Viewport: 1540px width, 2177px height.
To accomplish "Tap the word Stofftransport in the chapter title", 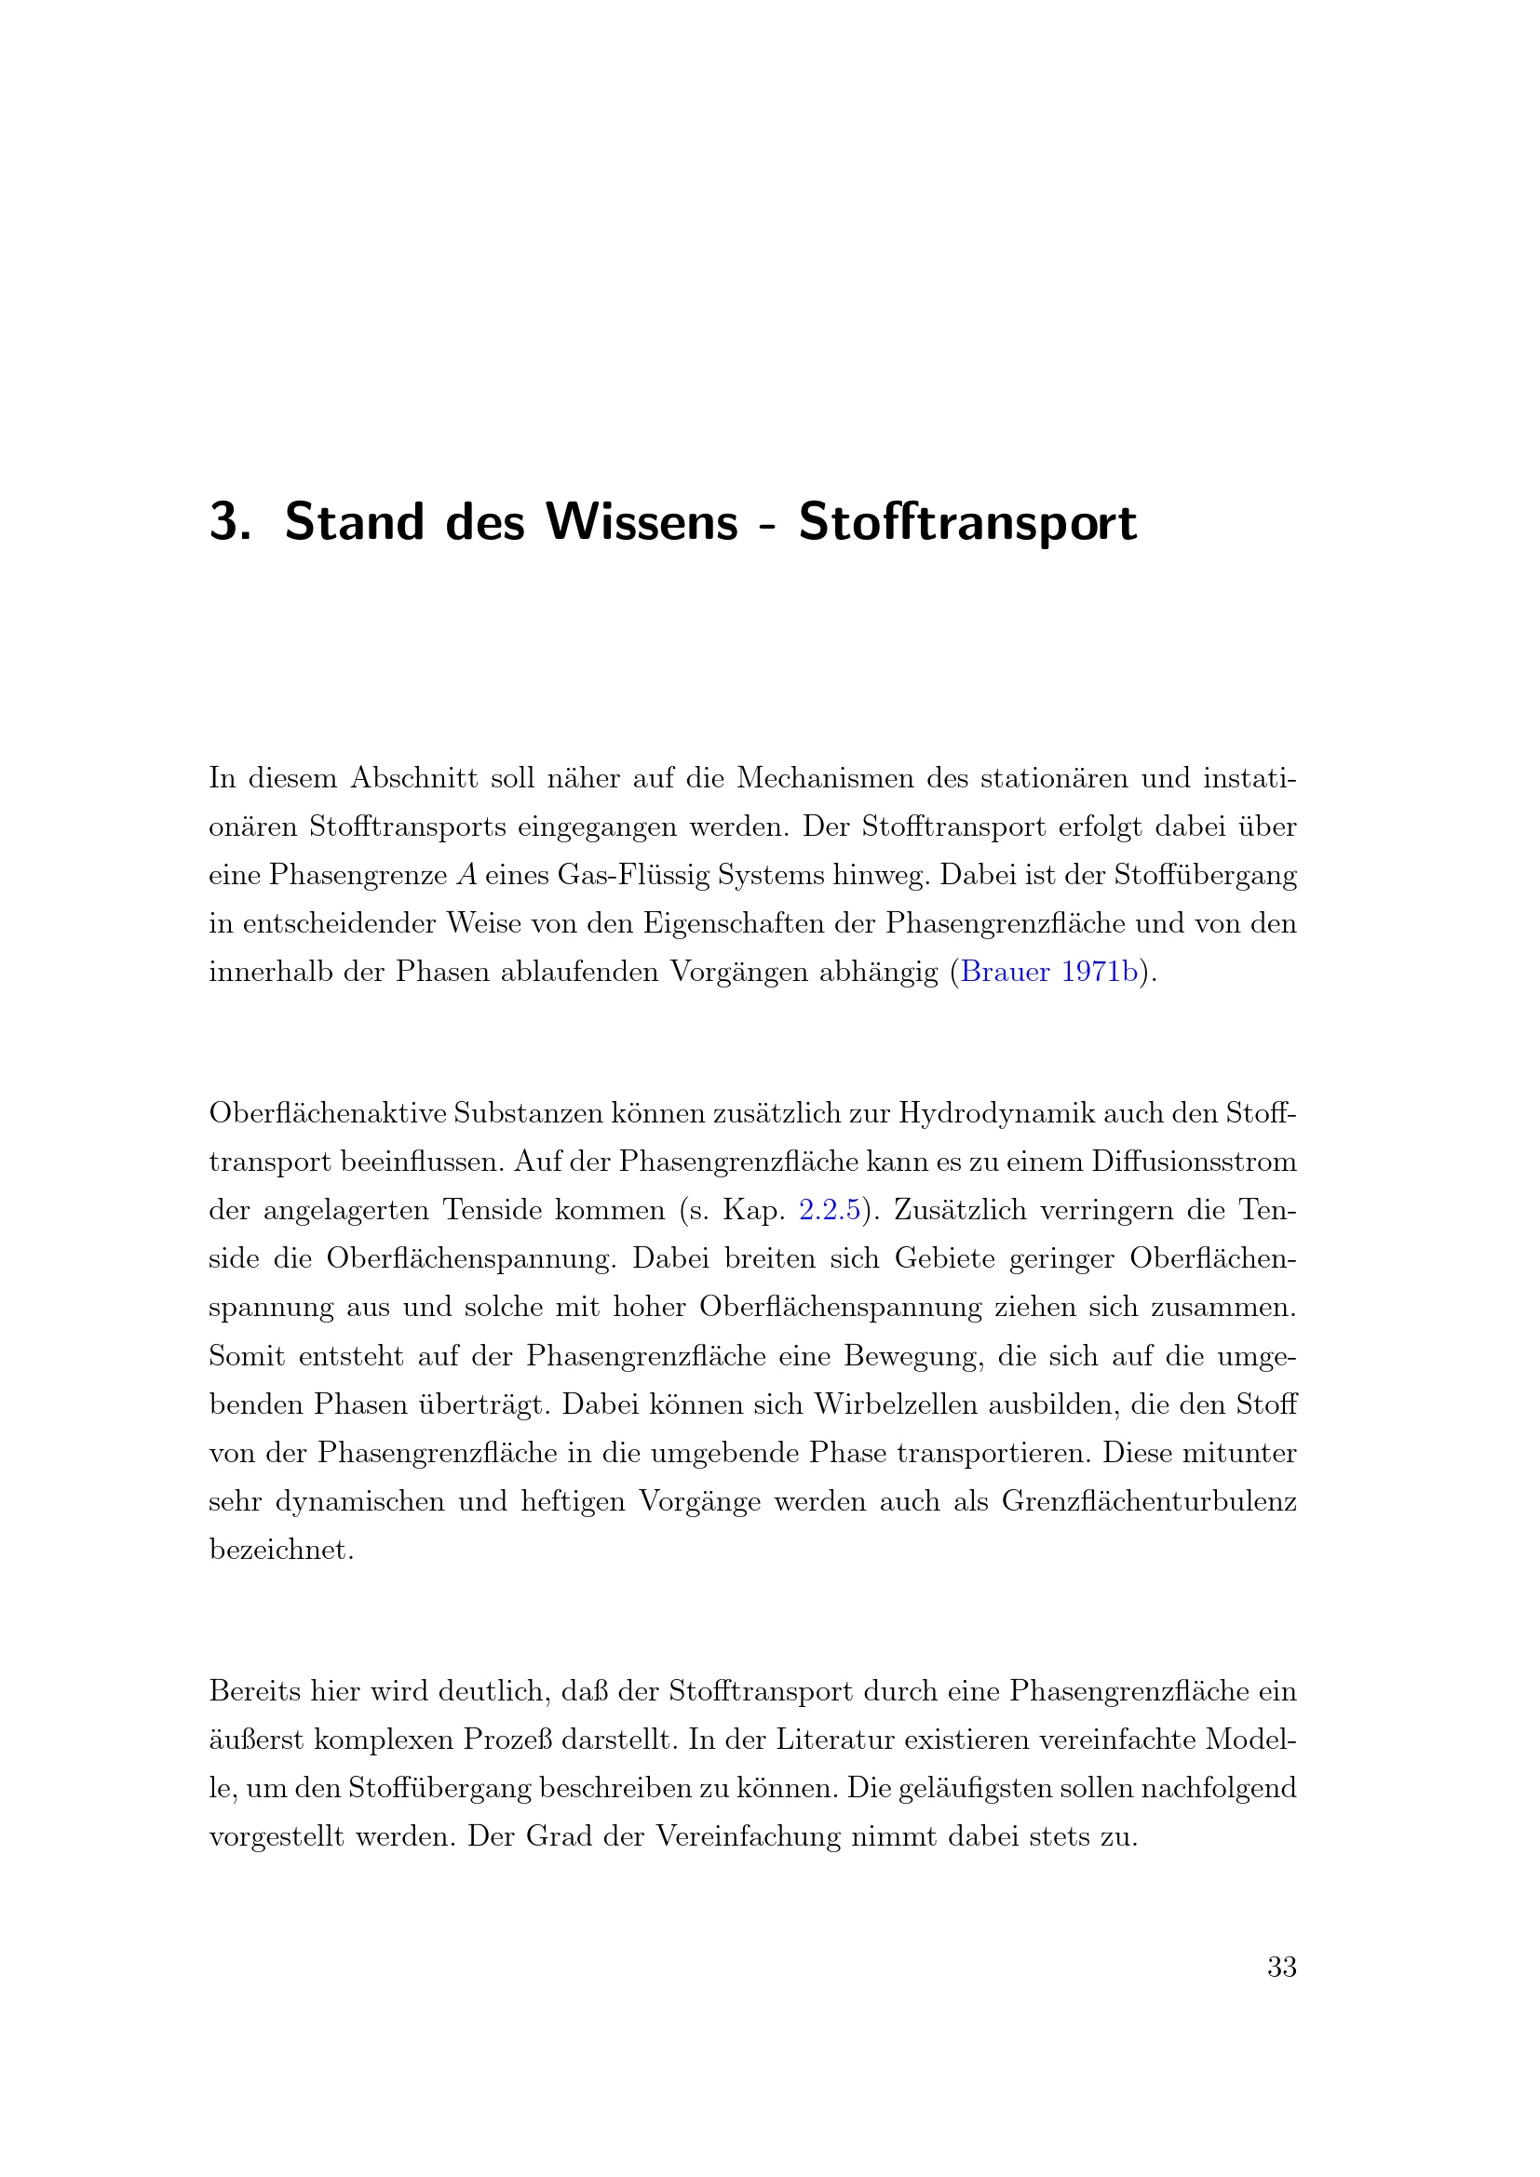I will pos(967,522).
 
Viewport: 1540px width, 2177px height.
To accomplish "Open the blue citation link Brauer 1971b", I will pos(1048,972).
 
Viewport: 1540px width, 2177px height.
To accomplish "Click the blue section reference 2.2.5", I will pos(830,1210).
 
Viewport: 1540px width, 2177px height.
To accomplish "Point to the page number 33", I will pos(1282,1968).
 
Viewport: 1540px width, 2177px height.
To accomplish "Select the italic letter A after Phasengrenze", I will pos(466,874).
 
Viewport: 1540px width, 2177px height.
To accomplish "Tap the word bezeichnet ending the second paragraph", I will pos(280,1550).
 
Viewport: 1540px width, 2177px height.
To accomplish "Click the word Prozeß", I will pos(510,1740).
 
